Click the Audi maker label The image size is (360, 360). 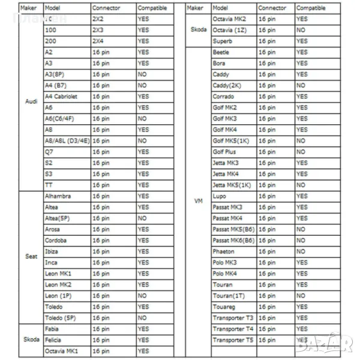point(31,101)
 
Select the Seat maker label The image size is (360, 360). point(31,257)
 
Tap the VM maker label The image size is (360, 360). point(199,201)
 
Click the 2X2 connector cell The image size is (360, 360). point(98,19)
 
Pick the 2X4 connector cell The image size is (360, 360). point(98,41)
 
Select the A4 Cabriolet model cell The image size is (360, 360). point(61,97)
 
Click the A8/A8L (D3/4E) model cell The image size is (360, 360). point(67,141)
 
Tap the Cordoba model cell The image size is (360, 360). point(56,241)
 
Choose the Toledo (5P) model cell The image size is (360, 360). point(60,318)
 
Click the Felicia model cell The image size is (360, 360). point(53,340)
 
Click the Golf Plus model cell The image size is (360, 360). point(225,152)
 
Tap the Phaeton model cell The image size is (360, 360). point(224,252)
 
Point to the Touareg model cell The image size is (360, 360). point(224,307)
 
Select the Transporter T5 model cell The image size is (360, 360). point(233,340)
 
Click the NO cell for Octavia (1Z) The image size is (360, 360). point(301,30)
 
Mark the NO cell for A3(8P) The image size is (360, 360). point(142,74)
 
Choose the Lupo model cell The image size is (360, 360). point(219,196)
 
